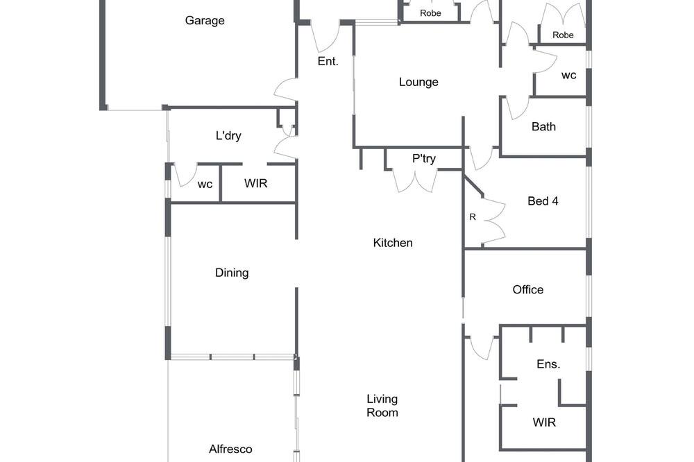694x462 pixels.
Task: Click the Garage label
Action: click(205, 21)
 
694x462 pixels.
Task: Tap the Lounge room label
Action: click(418, 83)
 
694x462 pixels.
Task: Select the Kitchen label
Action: click(393, 243)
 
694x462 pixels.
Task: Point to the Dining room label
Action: click(232, 273)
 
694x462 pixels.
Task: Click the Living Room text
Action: click(382, 406)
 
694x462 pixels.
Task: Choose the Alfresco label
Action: click(230, 450)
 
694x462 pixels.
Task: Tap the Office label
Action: click(528, 290)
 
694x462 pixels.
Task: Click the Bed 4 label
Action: click(543, 201)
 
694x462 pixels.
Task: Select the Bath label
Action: click(543, 127)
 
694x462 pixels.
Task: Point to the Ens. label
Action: click(548, 364)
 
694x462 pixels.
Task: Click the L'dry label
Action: click(228, 135)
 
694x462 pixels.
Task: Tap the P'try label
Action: click(424, 158)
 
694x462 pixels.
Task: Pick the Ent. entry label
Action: click(328, 62)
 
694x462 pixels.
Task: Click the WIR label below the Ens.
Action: click(544, 422)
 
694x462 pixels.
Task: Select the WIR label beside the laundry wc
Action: click(256, 183)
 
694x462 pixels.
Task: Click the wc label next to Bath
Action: click(569, 76)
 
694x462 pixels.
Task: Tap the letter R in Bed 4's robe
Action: click(473, 217)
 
